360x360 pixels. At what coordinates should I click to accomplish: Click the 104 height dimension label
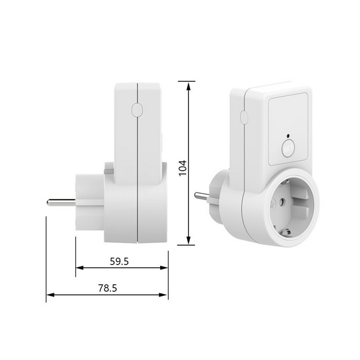click(183, 168)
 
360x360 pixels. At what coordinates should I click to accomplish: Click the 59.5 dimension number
click(119, 261)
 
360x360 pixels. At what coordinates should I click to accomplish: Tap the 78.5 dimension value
click(108, 288)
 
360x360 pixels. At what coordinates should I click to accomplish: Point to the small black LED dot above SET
click(288, 135)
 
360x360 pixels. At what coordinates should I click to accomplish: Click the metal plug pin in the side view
click(61, 202)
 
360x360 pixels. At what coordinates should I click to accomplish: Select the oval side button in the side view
click(137, 109)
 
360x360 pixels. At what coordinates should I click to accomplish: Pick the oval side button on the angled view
click(244, 117)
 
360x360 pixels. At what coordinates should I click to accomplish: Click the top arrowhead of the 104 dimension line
click(189, 87)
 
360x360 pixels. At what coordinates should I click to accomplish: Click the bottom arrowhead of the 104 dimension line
click(189, 240)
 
